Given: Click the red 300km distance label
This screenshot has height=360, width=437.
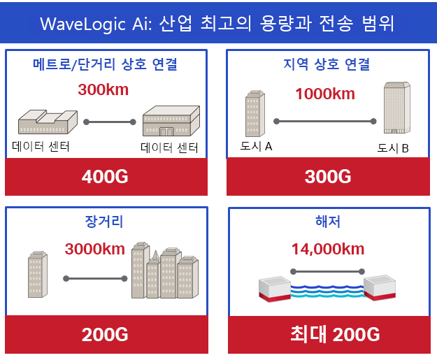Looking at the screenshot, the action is coord(103,89).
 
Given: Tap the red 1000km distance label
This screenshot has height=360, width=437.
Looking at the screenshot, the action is coord(325,94).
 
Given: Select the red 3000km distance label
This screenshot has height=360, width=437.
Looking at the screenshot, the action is coord(95,249).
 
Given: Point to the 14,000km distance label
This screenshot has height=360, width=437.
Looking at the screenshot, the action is coord(328,249).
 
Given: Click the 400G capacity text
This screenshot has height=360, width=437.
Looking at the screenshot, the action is coord(105,177).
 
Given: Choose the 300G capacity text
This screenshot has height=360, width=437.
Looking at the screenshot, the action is coord(328,177).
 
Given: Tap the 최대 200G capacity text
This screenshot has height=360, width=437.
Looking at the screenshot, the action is coord(335,334).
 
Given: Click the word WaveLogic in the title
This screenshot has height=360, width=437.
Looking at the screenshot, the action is coord(83,24).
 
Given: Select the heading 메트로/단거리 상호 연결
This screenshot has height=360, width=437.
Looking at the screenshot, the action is coord(105,64).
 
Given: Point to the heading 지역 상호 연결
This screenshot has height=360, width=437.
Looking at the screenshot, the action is coord(327,64).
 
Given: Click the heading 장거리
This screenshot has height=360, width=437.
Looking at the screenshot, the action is coord(104,222).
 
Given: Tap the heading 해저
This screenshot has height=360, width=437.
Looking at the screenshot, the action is coord(328,222).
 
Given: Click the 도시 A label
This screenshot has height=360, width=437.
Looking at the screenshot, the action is coord(256,146).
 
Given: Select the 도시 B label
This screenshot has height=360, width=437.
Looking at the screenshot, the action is coord(393,148).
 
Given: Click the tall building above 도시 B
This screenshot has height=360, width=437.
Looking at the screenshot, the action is coord(397,108).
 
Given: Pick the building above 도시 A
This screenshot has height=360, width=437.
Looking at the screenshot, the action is coord(255,113).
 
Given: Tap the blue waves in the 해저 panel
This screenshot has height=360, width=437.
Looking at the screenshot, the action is coord(327,291).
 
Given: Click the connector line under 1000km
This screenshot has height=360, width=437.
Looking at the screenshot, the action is coord(325,121).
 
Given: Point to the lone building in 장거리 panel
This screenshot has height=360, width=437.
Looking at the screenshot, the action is coord(38,274).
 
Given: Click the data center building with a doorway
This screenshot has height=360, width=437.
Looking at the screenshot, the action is coord(171,121).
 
